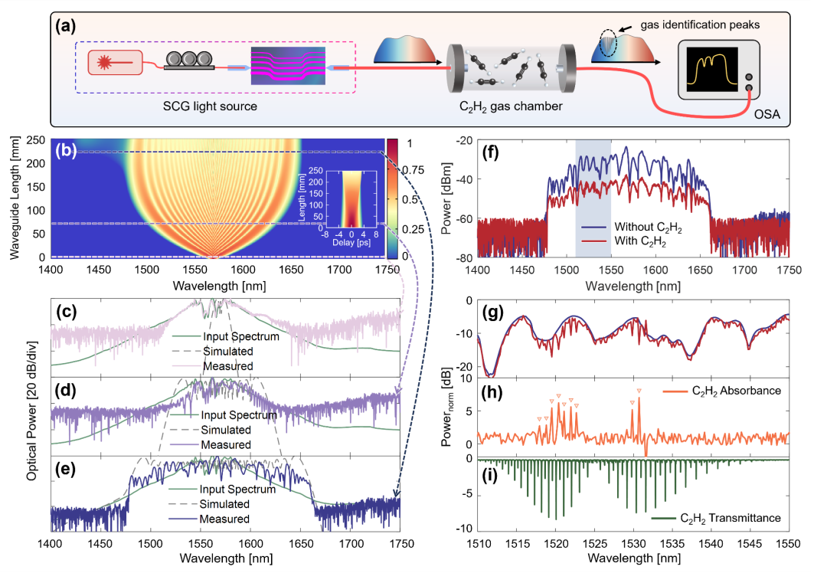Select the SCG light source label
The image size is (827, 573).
(x=211, y=106)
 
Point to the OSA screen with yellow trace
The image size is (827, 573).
(x=710, y=67)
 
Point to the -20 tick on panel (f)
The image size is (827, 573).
(x=463, y=140)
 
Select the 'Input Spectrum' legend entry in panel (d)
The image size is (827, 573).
(x=240, y=415)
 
